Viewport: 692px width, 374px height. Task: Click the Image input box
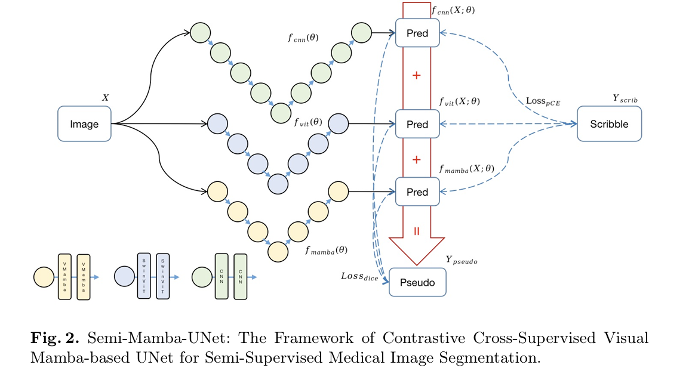84,124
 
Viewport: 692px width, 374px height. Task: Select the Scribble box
609,124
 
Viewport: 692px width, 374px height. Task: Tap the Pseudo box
417,281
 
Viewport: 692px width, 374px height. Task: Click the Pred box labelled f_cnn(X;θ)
417,33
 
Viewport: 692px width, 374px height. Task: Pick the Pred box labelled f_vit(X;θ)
417,124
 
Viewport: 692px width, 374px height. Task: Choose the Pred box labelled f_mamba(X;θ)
417,191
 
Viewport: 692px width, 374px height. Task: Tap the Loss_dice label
359,277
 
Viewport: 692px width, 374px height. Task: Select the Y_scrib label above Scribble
625,98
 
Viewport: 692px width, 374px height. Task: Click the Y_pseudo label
462,260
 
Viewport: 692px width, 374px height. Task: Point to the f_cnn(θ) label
303,37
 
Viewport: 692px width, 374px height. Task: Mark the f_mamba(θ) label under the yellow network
326,250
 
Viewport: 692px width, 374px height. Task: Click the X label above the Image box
106,97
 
